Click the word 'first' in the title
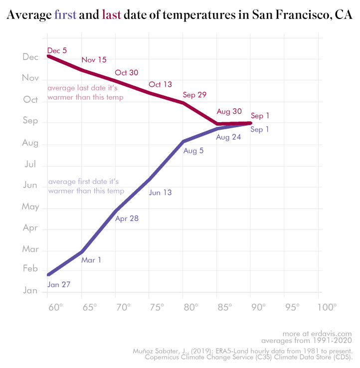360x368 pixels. pos(65,15)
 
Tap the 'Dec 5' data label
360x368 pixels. pos(57,50)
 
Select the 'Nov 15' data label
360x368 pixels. pos(94,60)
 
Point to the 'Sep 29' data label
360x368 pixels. pos(194,95)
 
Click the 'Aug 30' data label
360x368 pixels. pos(229,111)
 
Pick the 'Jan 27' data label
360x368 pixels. pos(59,285)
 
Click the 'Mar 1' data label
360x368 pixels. pos(91,260)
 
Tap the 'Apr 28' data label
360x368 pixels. pos(127,218)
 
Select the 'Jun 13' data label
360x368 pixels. pos(160,192)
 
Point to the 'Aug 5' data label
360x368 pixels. pos(193,151)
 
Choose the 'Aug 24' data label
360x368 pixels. pos(229,137)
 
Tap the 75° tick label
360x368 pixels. pos(157,307)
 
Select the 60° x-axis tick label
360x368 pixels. pos(55,307)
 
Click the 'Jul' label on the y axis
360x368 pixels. pos(30,164)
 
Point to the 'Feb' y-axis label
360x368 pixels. pos(30,269)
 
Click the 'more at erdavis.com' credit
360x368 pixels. pos(317,334)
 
